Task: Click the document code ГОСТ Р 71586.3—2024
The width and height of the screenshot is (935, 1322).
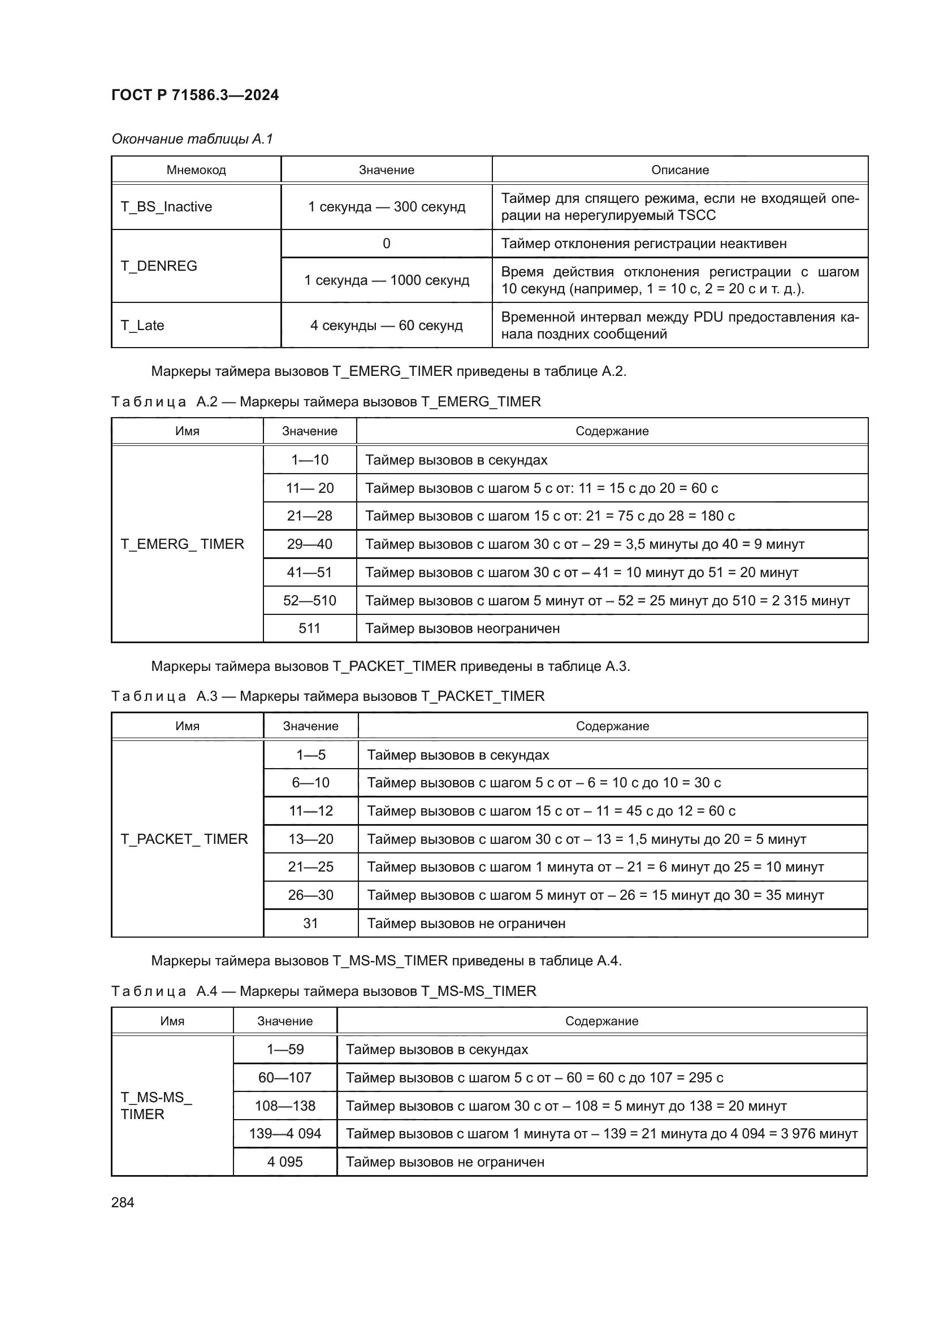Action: (x=194, y=95)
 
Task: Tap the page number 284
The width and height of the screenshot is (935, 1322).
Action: (x=123, y=1202)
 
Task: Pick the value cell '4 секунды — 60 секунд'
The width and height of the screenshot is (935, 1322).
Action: (x=386, y=326)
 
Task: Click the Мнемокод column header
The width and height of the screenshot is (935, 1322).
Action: (x=196, y=170)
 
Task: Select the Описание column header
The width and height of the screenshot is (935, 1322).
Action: (x=679, y=170)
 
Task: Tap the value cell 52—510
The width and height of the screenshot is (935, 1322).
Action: (x=310, y=601)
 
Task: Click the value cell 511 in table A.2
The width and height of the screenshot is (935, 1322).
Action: (x=310, y=628)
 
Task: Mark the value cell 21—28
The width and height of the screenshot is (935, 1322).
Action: (x=310, y=516)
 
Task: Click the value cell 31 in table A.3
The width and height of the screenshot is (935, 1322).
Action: (x=310, y=924)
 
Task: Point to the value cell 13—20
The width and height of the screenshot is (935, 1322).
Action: (x=310, y=839)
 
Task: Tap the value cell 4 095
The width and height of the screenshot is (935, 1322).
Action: (x=285, y=1162)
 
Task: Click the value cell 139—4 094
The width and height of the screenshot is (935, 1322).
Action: (x=285, y=1134)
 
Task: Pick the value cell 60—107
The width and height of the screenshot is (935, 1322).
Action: (x=285, y=1077)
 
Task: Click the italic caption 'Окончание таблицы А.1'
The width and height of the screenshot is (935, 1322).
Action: (x=192, y=139)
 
